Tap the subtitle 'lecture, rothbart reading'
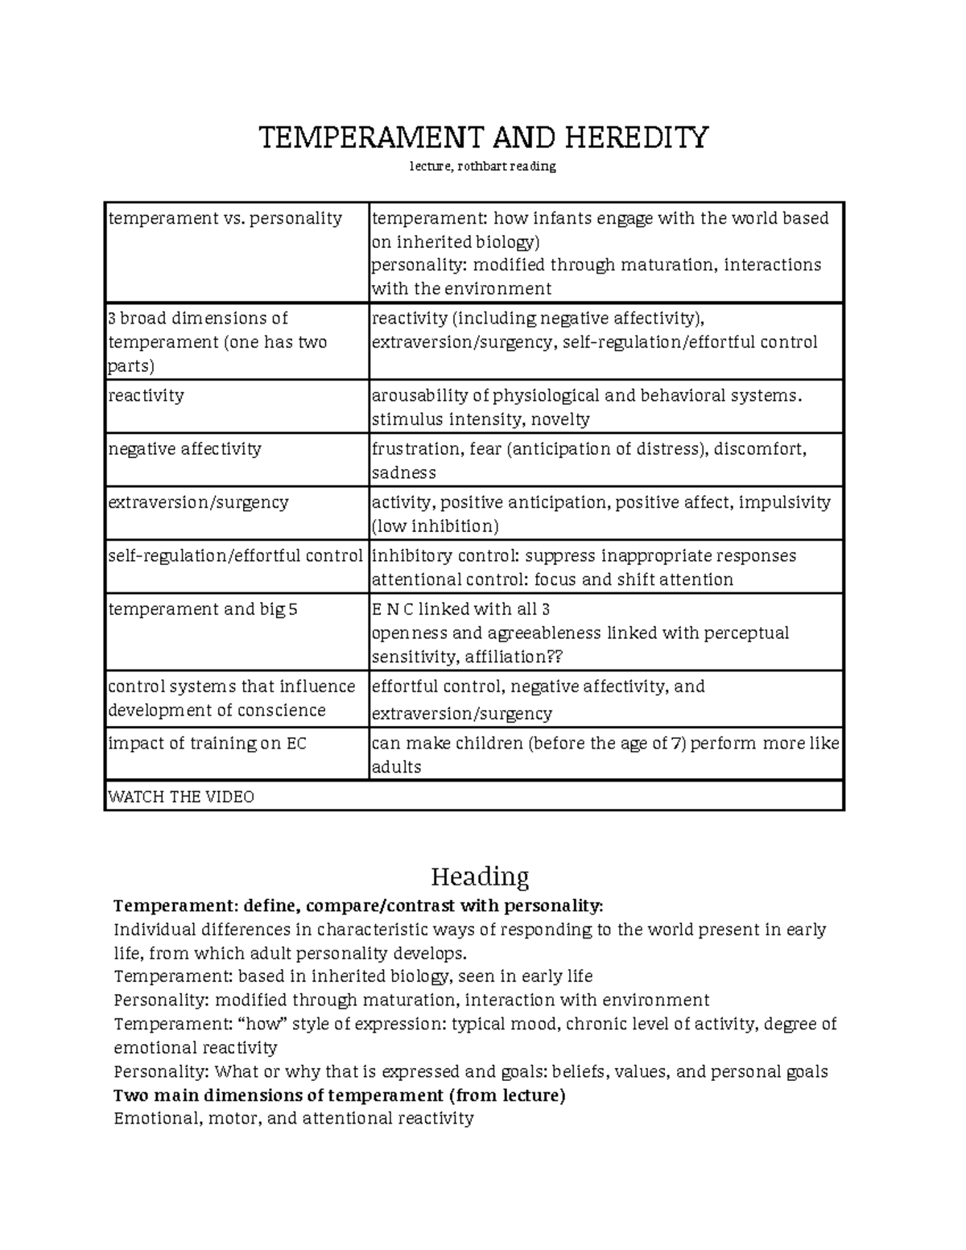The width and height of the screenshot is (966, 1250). point(482,167)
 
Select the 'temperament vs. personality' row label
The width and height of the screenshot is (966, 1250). point(225,218)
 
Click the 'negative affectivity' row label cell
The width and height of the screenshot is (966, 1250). point(185,448)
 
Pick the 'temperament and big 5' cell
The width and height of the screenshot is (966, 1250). point(203,609)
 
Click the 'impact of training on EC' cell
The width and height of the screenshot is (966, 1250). point(207,743)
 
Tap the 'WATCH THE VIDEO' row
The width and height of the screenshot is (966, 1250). point(181,797)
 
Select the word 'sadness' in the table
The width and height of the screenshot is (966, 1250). point(403,472)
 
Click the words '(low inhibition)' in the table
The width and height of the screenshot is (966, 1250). point(435,526)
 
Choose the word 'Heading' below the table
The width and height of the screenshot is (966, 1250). point(480,876)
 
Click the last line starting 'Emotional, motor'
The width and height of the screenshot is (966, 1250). point(294,1119)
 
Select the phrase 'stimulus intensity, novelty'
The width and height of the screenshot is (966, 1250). point(481,419)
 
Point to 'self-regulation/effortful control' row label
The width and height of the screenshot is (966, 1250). point(235,556)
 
